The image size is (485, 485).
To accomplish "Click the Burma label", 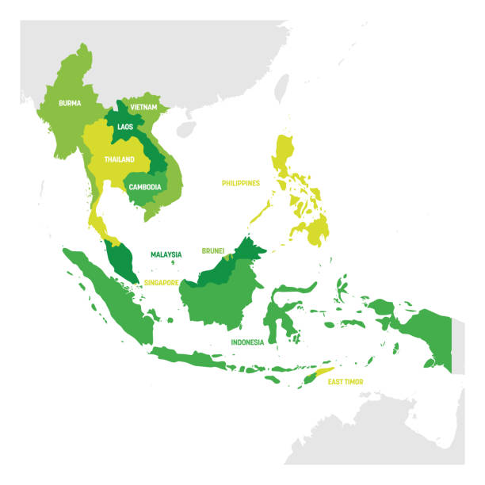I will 70,102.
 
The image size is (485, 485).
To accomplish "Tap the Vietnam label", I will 144,106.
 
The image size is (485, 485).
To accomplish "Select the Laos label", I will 125,126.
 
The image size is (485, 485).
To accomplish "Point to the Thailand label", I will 119,158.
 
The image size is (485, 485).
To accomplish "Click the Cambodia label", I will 146,187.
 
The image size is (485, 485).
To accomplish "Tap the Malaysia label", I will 166,254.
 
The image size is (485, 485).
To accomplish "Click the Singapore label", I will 160,281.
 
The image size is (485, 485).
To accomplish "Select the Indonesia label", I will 247,342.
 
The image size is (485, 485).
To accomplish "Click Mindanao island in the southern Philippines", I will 317,231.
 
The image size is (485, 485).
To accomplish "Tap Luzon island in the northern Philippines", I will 284,155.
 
